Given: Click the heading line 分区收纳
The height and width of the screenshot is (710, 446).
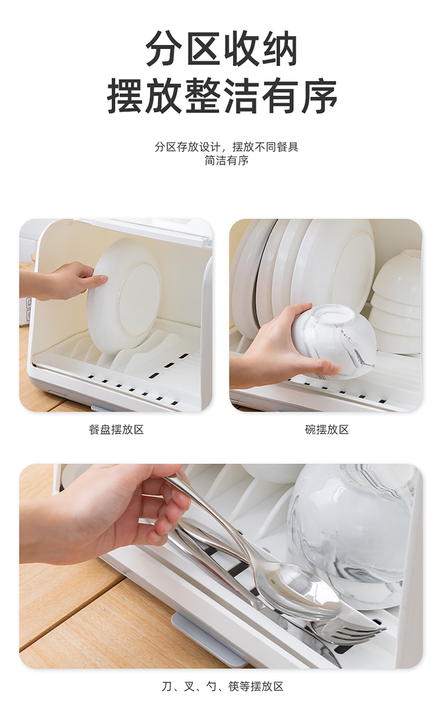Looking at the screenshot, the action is pos(222,49).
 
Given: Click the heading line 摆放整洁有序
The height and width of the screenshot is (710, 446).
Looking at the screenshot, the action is pos(222,95).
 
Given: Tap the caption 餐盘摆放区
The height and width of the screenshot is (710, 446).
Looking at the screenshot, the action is pos(116,429).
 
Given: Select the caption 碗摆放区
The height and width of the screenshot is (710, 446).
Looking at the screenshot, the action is pos(327,429).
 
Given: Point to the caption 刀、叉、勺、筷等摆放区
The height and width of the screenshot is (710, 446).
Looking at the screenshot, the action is pos(223,686).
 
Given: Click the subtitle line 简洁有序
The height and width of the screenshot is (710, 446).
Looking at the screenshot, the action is pos(226,161).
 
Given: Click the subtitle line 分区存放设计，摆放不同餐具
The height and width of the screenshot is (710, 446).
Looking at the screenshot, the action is pos(226,147).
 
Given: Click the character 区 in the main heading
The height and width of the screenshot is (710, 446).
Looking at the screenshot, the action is pos(203,49).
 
